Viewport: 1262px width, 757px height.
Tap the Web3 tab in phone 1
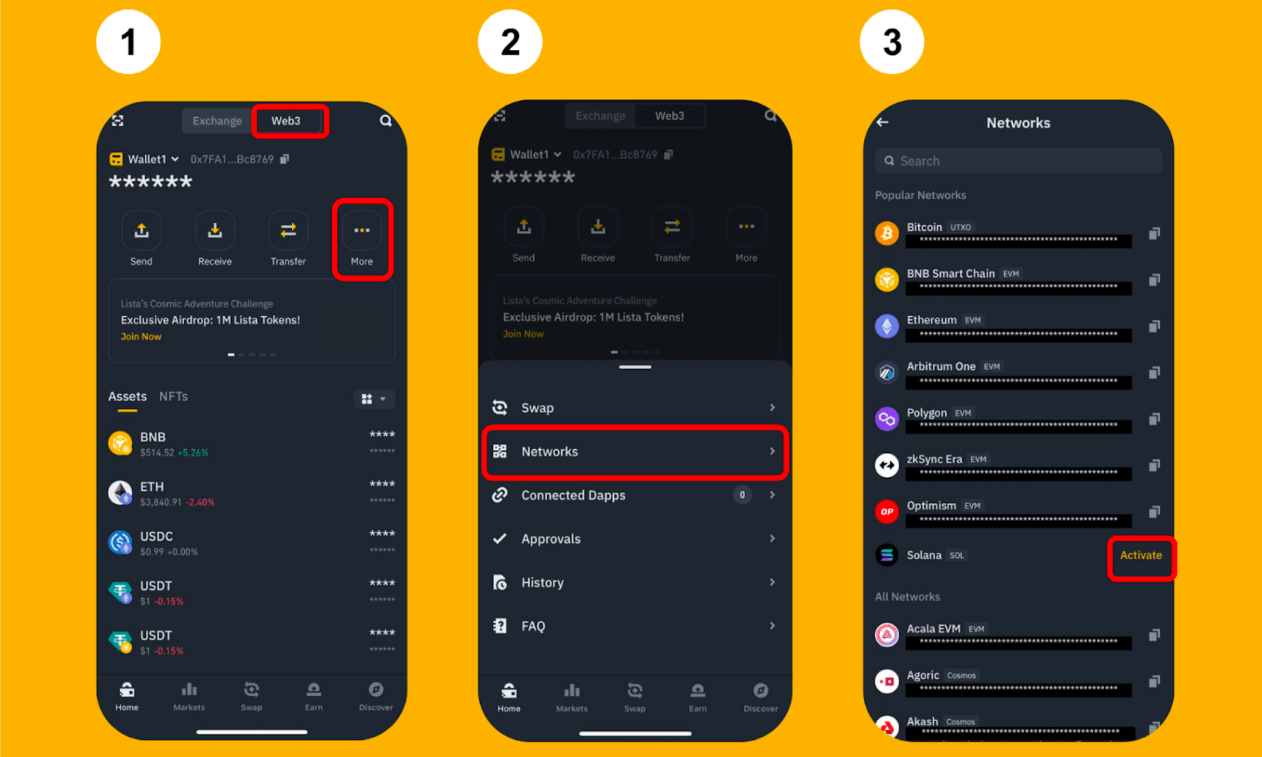tap(286, 120)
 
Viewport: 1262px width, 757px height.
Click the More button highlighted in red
tap(362, 238)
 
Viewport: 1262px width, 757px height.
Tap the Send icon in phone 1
tap(141, 231)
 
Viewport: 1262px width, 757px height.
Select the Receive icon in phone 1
tap(215, 231)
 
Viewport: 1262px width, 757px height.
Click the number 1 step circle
tap(128, 42)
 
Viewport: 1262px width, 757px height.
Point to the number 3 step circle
tap(892, 42)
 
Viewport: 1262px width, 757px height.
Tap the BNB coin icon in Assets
tap(120, 443)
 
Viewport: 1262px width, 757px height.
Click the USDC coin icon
tap(120, 542)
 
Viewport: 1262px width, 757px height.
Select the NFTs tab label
tap(174, 396)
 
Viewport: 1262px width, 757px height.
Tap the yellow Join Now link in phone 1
tap(141, 336)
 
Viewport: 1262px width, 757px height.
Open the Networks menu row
tap(634, 452)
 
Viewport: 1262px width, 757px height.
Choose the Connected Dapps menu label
tap(573, 495)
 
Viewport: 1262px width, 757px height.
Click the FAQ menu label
tap(533, 626)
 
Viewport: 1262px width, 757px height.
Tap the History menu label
tap(542, 582)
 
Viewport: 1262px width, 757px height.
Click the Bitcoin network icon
tap(887, 233)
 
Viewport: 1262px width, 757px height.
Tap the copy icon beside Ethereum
tap(1154, 326)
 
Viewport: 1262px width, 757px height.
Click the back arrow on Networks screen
tap(883, 122)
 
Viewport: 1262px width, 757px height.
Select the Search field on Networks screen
tap(1018, 161)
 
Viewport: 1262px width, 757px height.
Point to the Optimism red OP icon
tap(887, 512)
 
